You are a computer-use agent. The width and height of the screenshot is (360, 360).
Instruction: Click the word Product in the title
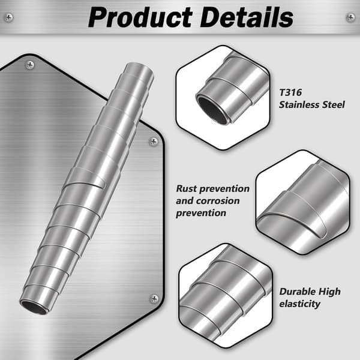coord(140,17)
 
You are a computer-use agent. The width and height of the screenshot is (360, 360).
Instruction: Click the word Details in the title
coord(247,17)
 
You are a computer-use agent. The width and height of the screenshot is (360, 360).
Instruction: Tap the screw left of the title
coord(9,17)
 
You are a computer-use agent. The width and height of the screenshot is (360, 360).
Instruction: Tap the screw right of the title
coord(350,17)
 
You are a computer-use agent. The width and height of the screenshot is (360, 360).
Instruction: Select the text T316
coord(290,92)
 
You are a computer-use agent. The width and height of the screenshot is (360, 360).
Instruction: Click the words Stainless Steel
coord(312,104)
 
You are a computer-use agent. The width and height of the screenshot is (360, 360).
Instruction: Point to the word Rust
coord(186,188)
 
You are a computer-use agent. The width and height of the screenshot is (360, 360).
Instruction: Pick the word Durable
coord(296,292)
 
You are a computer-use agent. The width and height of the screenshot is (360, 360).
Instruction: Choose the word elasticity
coord(299,304)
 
